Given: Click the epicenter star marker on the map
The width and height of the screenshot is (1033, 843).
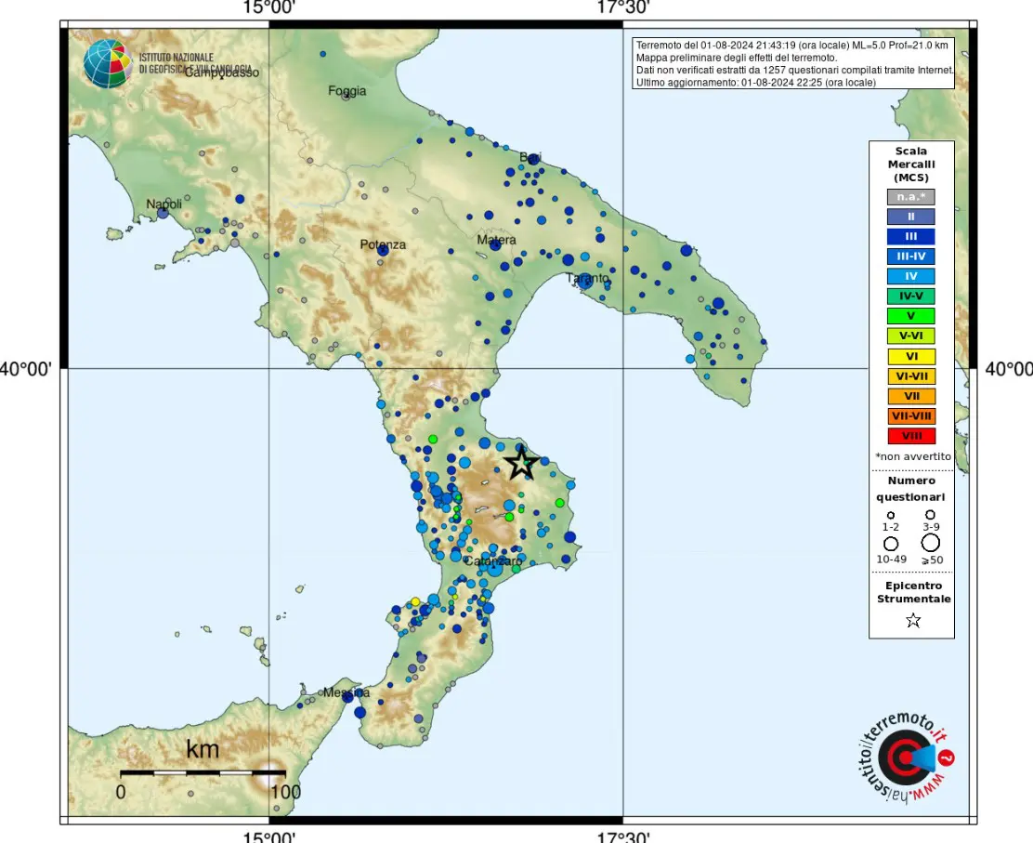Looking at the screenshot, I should point(522,463).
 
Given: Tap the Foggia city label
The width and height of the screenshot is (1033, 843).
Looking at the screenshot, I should point(347,91).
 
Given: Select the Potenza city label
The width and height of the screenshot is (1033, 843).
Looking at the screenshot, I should point(383,244).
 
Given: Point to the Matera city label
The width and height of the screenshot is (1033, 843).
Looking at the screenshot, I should point(496,240).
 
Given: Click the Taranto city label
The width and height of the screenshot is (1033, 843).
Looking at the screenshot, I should point(587,278).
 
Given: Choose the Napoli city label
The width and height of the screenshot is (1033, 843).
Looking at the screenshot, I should point(164,204).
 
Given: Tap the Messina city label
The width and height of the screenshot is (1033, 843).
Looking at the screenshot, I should point(347,692).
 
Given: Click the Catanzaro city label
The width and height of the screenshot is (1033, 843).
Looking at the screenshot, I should point(493,561).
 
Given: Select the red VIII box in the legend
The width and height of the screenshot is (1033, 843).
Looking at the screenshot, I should point(911,436).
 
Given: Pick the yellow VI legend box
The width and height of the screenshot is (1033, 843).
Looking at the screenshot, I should point(911,356).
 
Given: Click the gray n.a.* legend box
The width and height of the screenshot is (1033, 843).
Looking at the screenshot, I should point(911,196).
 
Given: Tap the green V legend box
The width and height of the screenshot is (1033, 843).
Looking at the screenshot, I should point(911,316).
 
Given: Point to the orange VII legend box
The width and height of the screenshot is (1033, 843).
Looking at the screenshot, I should point(911,396).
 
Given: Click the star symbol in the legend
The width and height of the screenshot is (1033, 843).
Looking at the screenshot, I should point(913,621).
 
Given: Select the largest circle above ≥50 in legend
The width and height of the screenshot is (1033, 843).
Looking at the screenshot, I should point(930,543).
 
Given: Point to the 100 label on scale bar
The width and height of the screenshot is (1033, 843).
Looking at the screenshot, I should point(285,793).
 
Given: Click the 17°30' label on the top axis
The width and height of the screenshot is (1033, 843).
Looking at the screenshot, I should point(622,8).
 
